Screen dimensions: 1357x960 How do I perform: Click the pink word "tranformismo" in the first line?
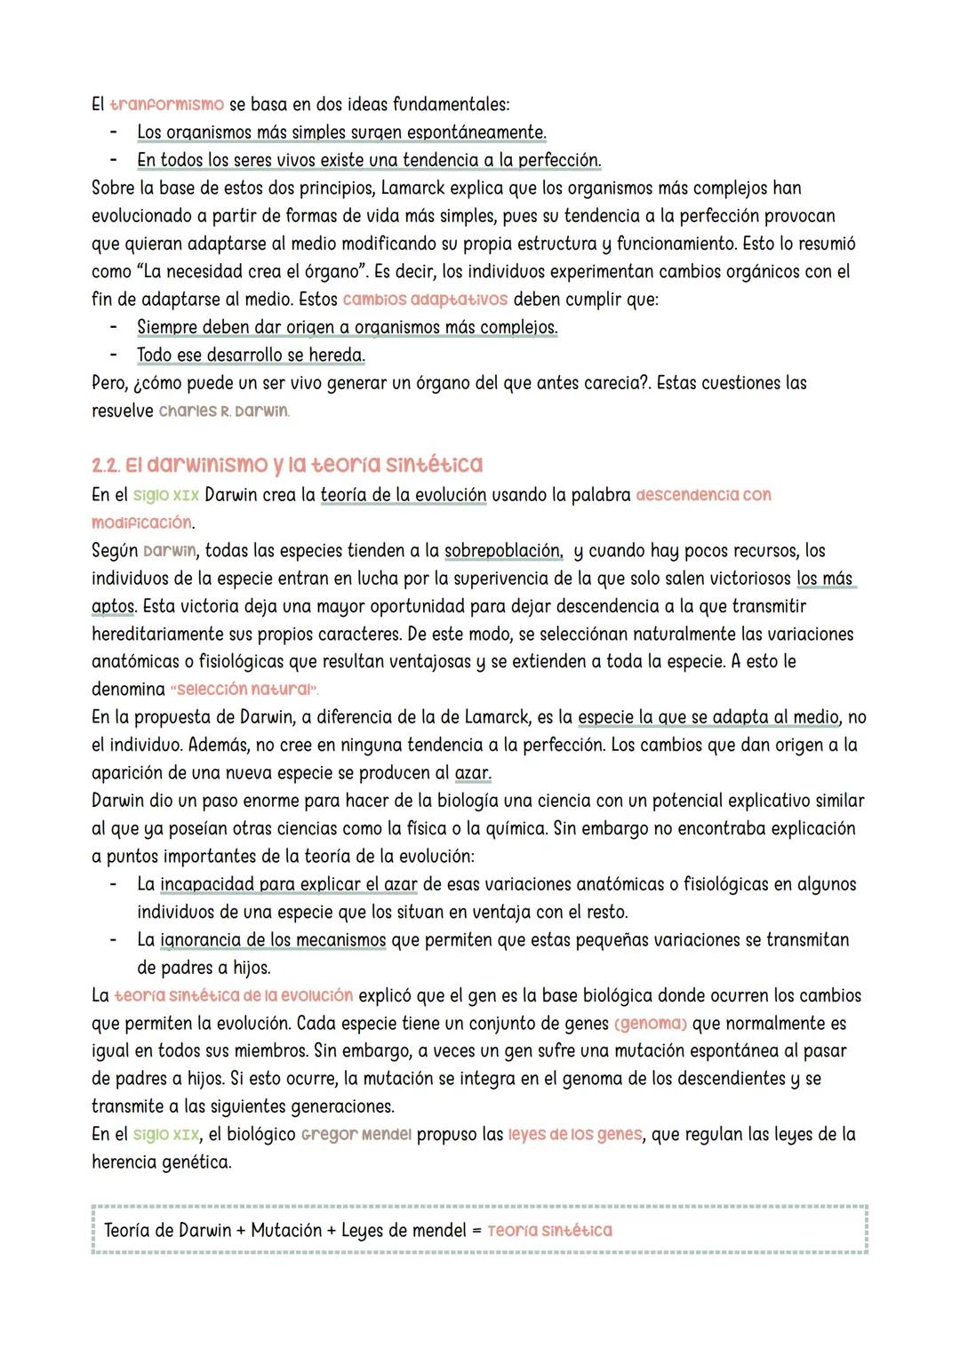(166, 105)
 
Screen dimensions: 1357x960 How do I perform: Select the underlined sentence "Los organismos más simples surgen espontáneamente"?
(340, 132)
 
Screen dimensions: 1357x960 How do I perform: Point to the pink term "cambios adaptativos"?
(425, 299)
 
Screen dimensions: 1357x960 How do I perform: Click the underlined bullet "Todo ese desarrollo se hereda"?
(251, 355)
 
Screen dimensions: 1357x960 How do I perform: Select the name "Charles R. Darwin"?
(223, 411)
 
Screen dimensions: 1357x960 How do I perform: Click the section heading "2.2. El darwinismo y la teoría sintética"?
(286, 465)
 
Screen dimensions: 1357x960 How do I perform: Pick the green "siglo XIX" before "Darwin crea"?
(166, 495)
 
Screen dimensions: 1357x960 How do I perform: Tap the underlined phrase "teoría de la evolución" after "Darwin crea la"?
(404, 495)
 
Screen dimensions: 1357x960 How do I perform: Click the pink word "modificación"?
(141, 523)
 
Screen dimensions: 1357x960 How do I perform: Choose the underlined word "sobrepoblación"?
(503, 551)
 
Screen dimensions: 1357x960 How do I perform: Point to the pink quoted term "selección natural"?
(244, 690)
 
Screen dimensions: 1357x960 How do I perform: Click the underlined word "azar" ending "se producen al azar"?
(473, 773)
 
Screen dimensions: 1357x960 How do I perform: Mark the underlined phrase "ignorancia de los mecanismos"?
(273, 940)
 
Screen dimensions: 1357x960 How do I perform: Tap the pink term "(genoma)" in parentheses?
(651, 1024)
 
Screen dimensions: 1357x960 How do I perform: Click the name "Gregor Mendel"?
(356, 1135)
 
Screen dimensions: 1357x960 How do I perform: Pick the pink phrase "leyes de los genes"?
(575, 1135)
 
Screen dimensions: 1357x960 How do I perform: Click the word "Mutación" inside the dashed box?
(286, 1231)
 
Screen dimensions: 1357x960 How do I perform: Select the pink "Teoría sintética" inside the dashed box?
(549, 1231)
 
